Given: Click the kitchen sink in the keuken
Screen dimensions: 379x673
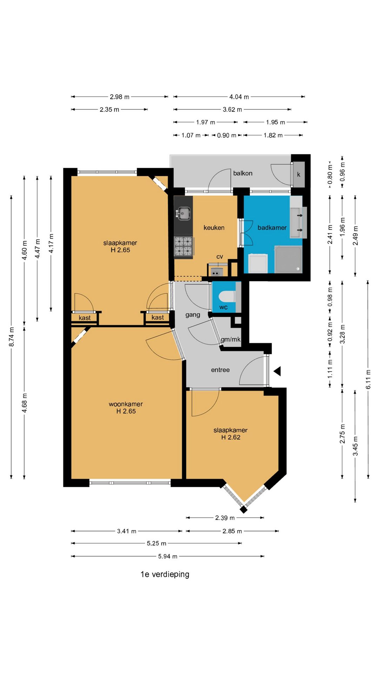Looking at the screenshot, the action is pyautogui.click(x=184, y=213).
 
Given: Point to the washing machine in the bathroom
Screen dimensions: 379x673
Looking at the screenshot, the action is pyautogui.click(x=258, y=263).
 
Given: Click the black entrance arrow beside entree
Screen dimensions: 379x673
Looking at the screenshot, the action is pyautogui.click(x=277, y=371).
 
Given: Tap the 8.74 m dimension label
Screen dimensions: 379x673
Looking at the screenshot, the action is pyautogui.click(x=12, y=337).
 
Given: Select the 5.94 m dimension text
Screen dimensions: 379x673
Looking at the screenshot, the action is pyautogui.click(x=168, y=556).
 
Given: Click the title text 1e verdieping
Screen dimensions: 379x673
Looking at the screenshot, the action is pyautogui.click(x=165, y=574).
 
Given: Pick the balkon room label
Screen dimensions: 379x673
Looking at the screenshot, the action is pyautogui.click(x=243, y=173).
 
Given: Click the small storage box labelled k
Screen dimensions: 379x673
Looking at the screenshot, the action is pyautogui.click(x=299, y=174).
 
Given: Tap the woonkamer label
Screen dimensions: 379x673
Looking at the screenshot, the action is pyautogui.click(x=126, y=404).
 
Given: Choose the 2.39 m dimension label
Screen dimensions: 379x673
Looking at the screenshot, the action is pyautogui.click(x=225, y=518).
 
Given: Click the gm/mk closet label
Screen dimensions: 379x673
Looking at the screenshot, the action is pyautogui.click(x=231, y=339).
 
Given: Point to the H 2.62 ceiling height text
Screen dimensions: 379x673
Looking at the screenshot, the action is pyautogui.click(x=231, y=437).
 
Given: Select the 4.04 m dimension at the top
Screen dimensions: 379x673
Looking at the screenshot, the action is pyautogui.click(x=239, y=97).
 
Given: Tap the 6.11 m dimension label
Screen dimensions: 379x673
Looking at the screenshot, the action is pyautogui.click(x=368, y=379).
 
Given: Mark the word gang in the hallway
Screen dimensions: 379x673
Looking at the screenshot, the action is pyautogui.click(x=193, y=315).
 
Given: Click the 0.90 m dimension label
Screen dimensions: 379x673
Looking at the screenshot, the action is pyautogui.click(x=227, y=135).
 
